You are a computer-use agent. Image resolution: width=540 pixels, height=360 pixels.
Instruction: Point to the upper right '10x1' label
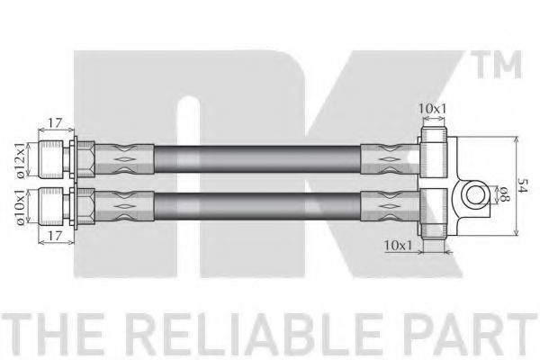(x=432, y=109)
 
